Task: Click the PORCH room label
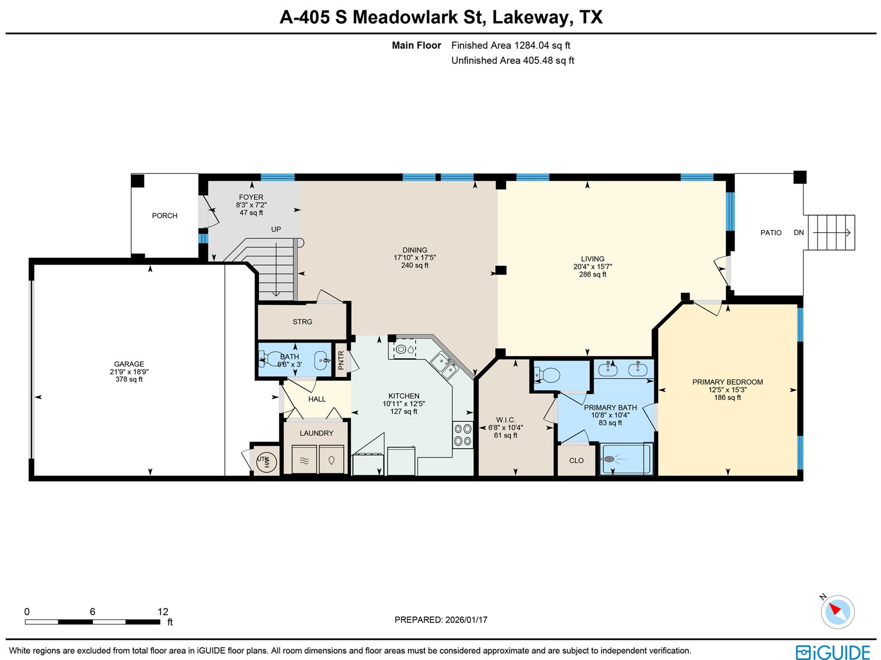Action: tap(164, 216)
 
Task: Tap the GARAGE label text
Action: tap(129, 364)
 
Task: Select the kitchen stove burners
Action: tap(462, 435)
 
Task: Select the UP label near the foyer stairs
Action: tap(276, 229)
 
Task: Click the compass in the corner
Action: tap(837, 611)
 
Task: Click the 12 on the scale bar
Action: tap(163, 612)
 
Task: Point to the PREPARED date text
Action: tap(440, 620)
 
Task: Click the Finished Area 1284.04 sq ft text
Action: tap(511, 45)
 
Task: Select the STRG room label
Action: tap(302, 322)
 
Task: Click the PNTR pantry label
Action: tap(341, 361)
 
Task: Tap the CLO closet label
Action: tap(576, 461)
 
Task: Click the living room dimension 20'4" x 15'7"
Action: tap(592, 266)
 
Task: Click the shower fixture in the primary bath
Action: tap(611, 459)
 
